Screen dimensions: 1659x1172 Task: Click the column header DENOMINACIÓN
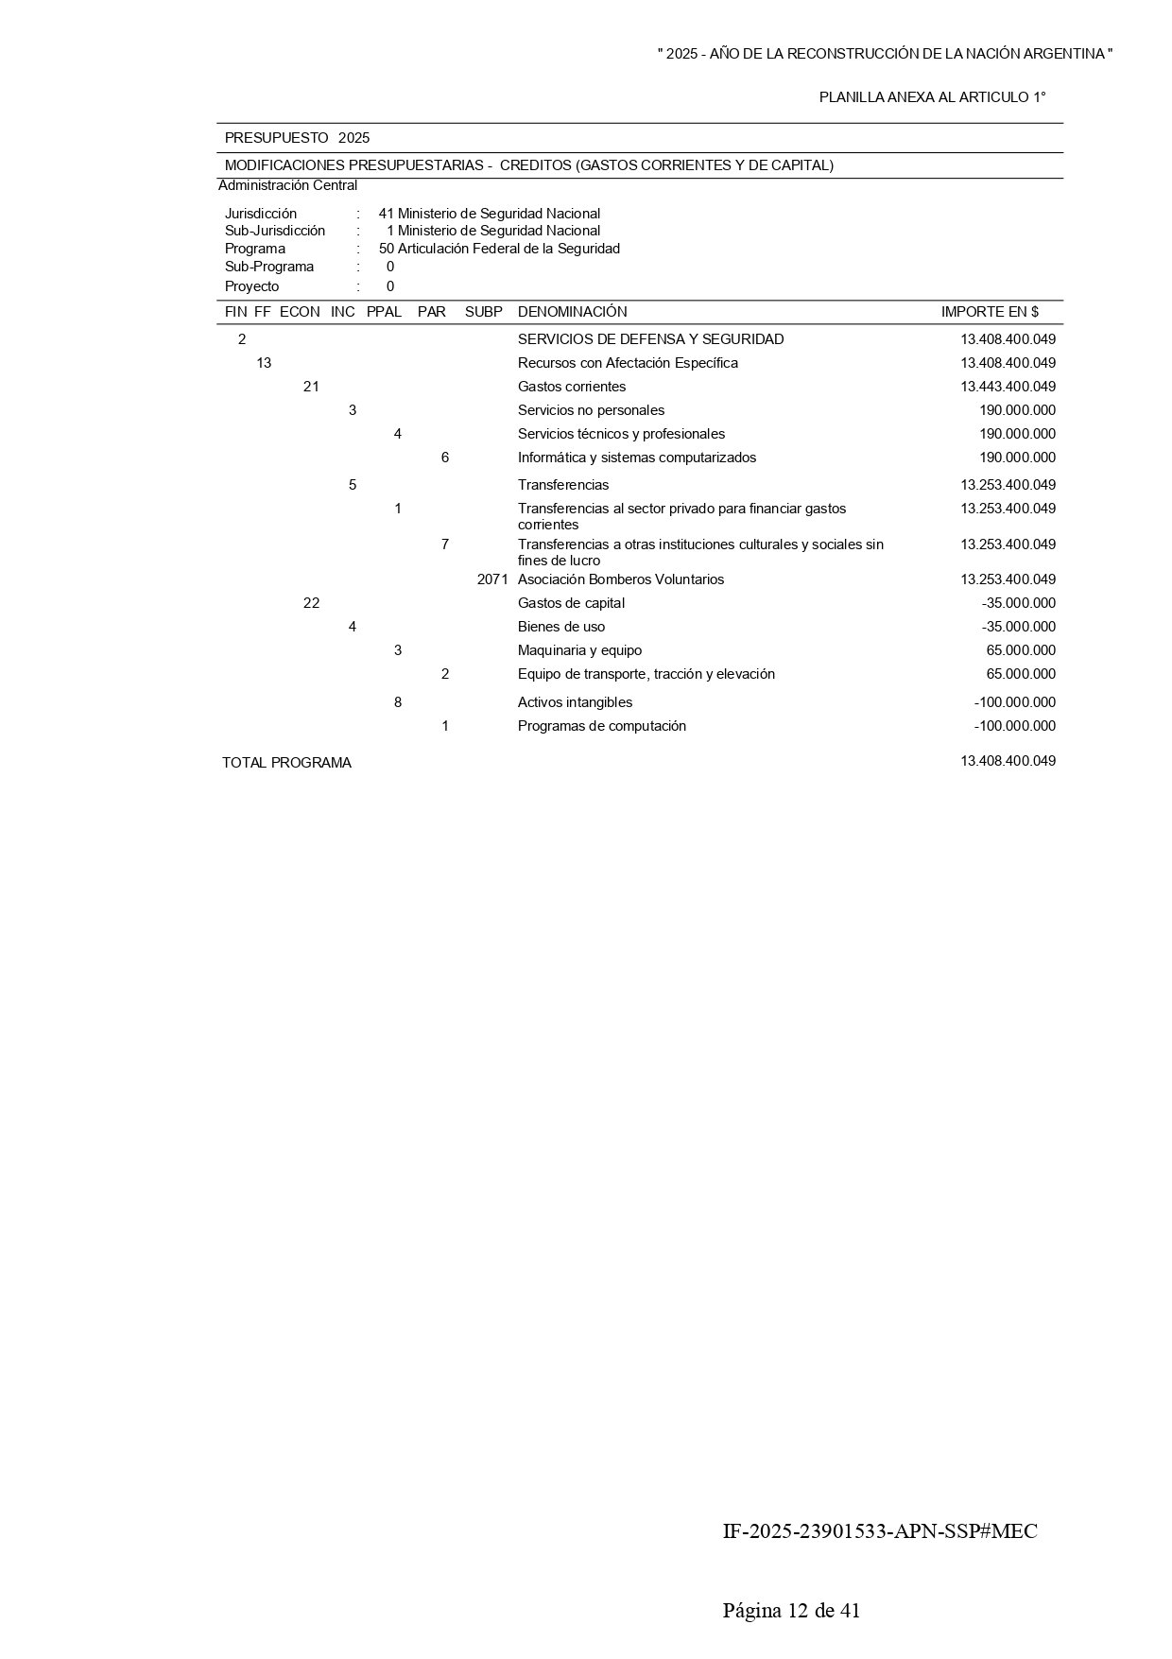(x=572, y=312)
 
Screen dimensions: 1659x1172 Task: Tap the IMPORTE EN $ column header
(x=989, y=312)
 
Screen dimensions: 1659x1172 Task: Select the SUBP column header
(x=483, y=312)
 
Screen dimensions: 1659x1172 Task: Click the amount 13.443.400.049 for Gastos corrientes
(x=1008, y=387)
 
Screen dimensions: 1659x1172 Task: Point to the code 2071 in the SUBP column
(x=492, y=579)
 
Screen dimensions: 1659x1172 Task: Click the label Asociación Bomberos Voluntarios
(x=620, y=579)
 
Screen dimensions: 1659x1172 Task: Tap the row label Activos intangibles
(x=575, y=702)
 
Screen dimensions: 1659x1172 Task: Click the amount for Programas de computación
(x=1014, y=726)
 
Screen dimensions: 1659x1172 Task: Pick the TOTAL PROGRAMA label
(x=286, y=763)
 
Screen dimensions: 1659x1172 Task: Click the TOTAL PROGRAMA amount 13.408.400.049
(x=1008, y=761)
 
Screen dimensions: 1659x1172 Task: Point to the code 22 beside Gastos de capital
(x=311, y=603)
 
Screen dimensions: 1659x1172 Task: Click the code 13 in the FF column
(x=264, y=363)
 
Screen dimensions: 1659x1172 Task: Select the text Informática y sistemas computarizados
(x=636, y=458)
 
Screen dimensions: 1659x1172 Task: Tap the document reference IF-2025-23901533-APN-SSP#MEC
(x=879, y=1531)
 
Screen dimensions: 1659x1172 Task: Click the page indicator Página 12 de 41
(x=791, y=1611)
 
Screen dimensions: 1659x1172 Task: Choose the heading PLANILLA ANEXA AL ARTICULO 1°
(x=932, y=97)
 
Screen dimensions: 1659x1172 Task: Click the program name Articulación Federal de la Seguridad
(x=508, y=249)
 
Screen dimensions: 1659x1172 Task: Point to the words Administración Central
(x=287, y=185)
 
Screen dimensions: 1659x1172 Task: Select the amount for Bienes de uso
(x=1018, y=627)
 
